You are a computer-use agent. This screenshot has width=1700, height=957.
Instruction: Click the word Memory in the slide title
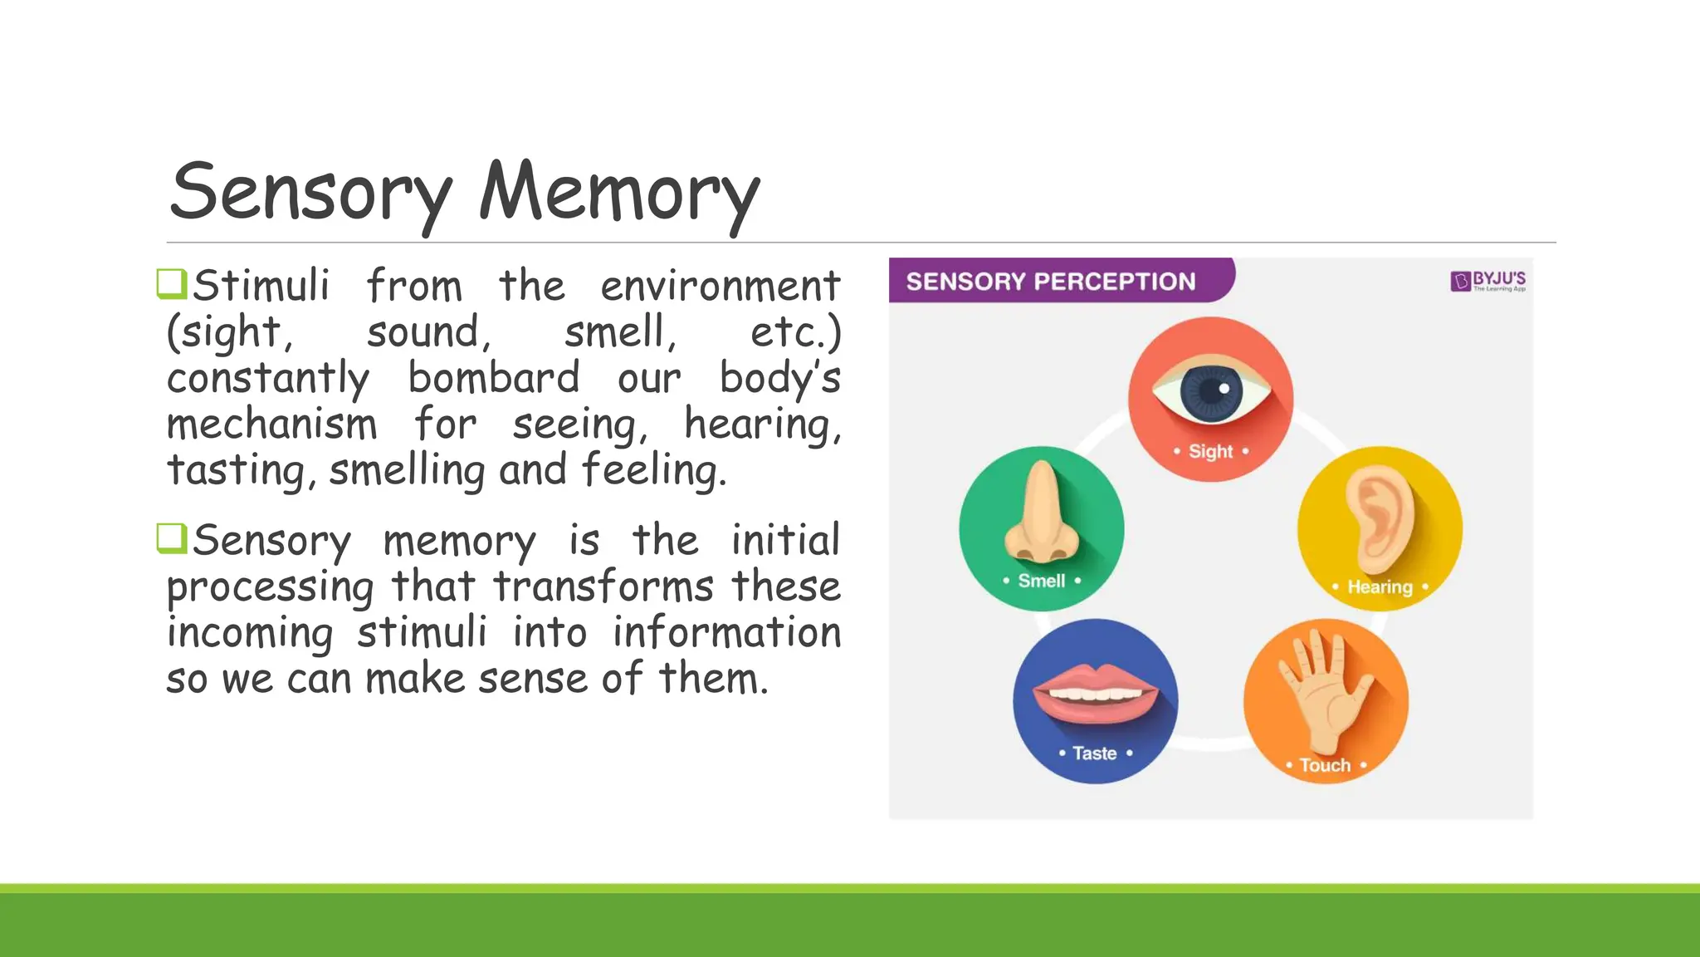(618, 193)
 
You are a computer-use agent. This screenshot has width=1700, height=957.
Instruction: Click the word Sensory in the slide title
(310, 193)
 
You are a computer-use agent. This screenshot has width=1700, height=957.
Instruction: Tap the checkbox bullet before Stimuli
(172, 283)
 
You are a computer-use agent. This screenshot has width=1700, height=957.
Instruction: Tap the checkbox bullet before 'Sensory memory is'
(172, 537)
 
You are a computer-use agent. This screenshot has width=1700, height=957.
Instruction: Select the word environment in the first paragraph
(720, 287)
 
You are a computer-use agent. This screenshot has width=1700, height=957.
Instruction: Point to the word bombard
(493, 378)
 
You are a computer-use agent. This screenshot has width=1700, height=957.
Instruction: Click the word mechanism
(271, 425)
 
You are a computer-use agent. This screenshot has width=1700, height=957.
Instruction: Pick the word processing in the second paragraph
(270, 588)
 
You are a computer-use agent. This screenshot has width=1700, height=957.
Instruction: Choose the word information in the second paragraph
(726, 633)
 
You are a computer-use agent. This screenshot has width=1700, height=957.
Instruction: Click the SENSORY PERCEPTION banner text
(1050, 282)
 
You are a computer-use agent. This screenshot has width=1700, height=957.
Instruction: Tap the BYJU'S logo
(1488, 281)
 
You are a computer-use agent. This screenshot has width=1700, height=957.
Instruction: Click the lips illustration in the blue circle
(1095, 693)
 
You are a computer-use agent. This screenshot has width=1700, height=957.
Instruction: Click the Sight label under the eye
(1210, 452)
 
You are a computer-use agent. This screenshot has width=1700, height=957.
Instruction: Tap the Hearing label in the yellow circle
(1380, 587)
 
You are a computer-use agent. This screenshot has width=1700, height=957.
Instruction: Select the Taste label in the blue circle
(1094, 753)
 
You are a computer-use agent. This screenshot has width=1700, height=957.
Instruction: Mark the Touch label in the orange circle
(1325, 765)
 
